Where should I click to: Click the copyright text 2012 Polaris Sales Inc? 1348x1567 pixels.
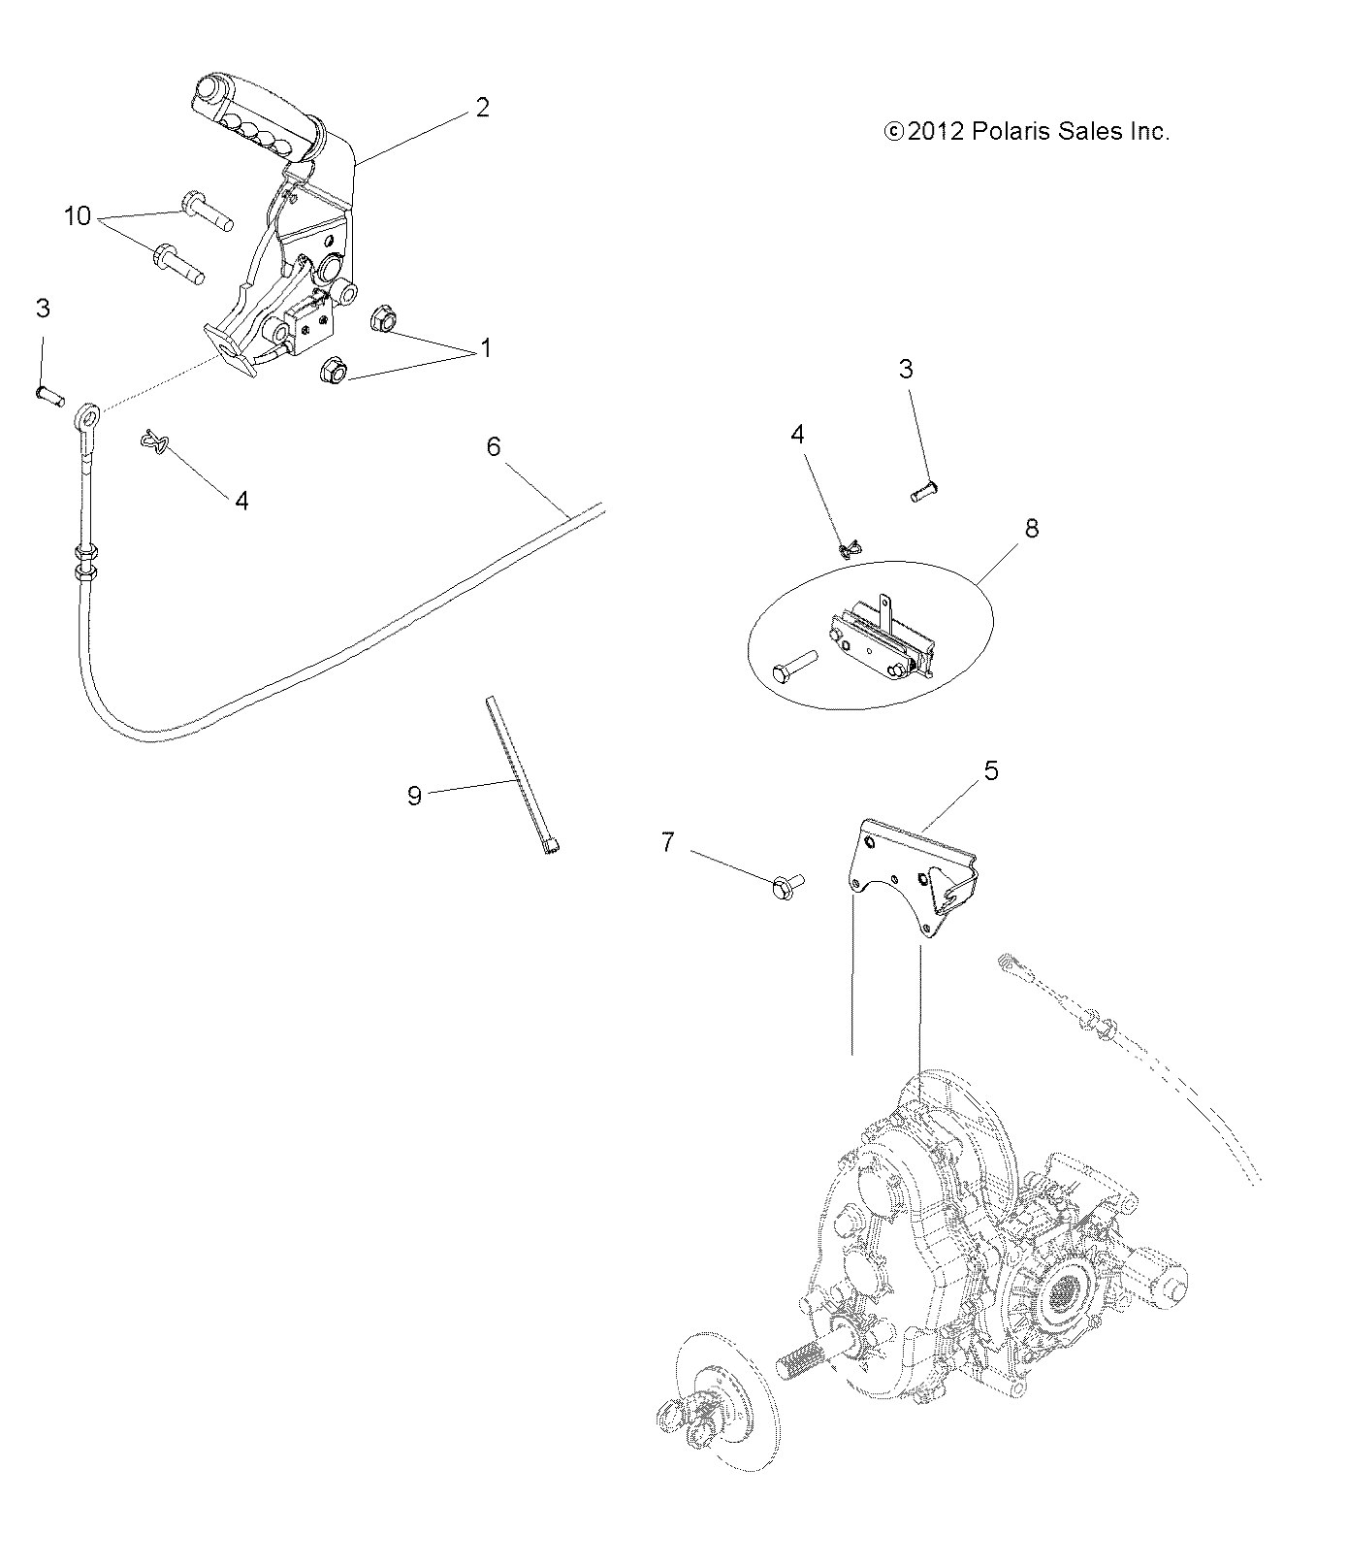(1027, 132)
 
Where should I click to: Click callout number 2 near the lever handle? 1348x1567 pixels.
(482, 108)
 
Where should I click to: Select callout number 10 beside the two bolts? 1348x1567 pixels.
(78, 215)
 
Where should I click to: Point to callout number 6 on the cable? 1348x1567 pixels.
(494, 446)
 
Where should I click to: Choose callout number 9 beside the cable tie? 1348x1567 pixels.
(414, 796)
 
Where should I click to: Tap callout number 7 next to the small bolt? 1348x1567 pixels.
(667, 842)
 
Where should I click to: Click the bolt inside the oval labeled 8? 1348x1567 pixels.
(794, 668)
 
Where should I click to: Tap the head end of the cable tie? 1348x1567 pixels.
(552, 848)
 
